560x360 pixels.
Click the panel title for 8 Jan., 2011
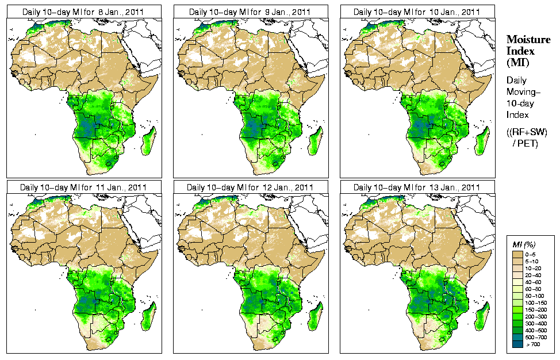(x=83, y=12)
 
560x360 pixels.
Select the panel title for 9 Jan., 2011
(x=250, y=12)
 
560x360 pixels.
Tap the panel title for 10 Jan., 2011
(x=417, y=12)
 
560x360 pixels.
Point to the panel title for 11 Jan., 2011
(x=83, y=187)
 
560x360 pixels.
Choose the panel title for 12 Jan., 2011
(x=250, y=187)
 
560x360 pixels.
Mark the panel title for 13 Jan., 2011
(x=417, y=187)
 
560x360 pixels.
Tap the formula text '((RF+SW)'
(x=527, y=132)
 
